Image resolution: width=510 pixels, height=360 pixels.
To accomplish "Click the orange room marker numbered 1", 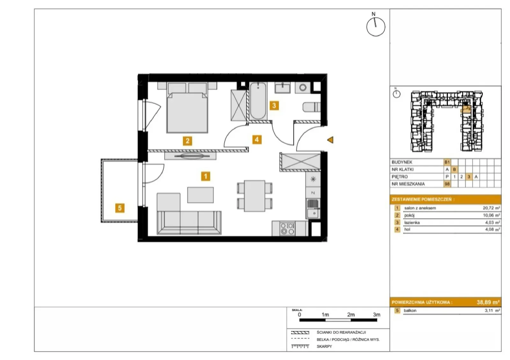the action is (x=206, y=176).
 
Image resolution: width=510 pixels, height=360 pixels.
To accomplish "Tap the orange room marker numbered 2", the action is (x=187, y=141).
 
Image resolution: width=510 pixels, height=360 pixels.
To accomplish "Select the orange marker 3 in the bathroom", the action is (x=274, y=106).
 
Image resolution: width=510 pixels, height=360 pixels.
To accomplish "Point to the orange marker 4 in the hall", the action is (x=257, y=139).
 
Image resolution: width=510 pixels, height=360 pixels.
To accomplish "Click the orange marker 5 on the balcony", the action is (x=120, y=208).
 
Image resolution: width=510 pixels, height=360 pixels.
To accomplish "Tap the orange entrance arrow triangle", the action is (x=330, y=140).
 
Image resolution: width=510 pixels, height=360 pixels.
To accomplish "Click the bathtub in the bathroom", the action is (x=258, y=101).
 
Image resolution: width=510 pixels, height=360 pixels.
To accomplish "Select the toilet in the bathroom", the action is (x=311, y=107).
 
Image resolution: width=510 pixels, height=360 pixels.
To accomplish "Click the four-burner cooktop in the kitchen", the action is (x=287, y=229).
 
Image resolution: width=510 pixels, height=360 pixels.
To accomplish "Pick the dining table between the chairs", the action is (x=255, y=196).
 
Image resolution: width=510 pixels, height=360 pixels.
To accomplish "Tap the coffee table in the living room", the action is (x=200, y=195).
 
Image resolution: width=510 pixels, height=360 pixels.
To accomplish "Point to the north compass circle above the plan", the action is (x=376, y=27).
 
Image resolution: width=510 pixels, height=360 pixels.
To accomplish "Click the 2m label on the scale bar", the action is (x=351, y=315).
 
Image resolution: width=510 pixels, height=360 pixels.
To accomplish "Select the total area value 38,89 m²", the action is (x=488, y=302).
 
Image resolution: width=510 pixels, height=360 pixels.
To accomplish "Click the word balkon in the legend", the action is (x=410, y=310).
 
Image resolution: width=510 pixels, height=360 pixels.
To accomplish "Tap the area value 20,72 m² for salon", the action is (x=491, y=208).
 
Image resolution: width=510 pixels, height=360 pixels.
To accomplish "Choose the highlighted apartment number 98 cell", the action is (x=447, y=184).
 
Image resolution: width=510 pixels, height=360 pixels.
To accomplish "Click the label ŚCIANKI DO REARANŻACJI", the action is (x=341, y=333).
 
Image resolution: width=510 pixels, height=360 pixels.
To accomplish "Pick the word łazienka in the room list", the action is (x=412, y=223).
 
